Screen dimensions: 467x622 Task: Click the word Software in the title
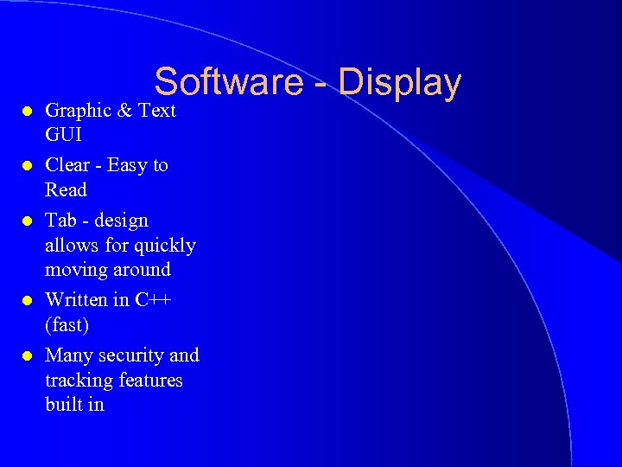pyautogui.click(x=229, y=83)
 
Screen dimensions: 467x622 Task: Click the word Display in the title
pyautogui.click(x=400, y=83)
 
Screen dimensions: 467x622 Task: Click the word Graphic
pyautogui.click(x=79, y=111)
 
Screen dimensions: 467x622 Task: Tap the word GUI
pyautogui.click(x=62, y=135)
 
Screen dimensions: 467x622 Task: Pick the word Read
pyautogui.click(x=66, y=189)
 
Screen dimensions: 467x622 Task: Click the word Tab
pyautogui.click(x=61, y=221)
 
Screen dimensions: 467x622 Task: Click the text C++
pyautogui.click(x=154, y=300)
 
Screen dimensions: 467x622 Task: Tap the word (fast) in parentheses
pyautogui.click(x=67, y=325)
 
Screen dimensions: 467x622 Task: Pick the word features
pyautogui.click(x=150, y=380)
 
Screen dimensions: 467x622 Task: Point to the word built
pyautogui.click(x=63, y=404)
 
